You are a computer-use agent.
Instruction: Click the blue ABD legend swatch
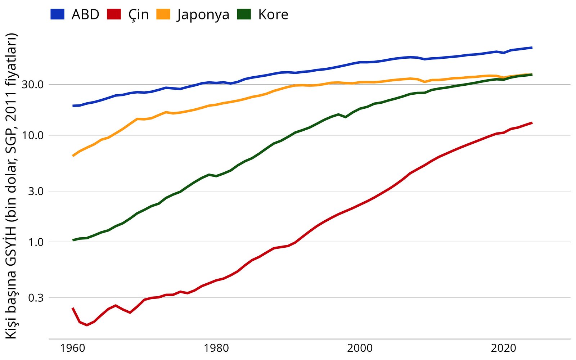point(57,14)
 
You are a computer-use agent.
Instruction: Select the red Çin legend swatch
point(114,14)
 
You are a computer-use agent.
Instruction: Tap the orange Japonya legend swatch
point(163,14)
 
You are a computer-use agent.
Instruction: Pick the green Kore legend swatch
point(244,14)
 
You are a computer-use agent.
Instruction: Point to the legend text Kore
point(273,15)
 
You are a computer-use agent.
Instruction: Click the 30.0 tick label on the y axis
point(33,85)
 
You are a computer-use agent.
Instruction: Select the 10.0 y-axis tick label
point(33,136)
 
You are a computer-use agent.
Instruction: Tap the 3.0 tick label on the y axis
point(36,191)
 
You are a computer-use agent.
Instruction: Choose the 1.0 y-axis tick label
point(36,242)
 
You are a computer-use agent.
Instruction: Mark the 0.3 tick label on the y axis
point(36,298)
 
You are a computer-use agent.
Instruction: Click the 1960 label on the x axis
point(73,348)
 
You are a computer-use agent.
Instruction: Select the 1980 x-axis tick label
point(216,348)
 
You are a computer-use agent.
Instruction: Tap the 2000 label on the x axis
point(360,348)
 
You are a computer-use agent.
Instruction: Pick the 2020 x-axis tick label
point(503,348)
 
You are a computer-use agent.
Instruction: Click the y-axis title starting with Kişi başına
point(12,186)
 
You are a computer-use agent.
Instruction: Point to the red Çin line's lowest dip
point(87,325)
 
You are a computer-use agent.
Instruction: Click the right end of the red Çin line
point(532,123)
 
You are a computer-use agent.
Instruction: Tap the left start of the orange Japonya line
point(73,156)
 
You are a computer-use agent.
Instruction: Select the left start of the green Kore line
point(73,240)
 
